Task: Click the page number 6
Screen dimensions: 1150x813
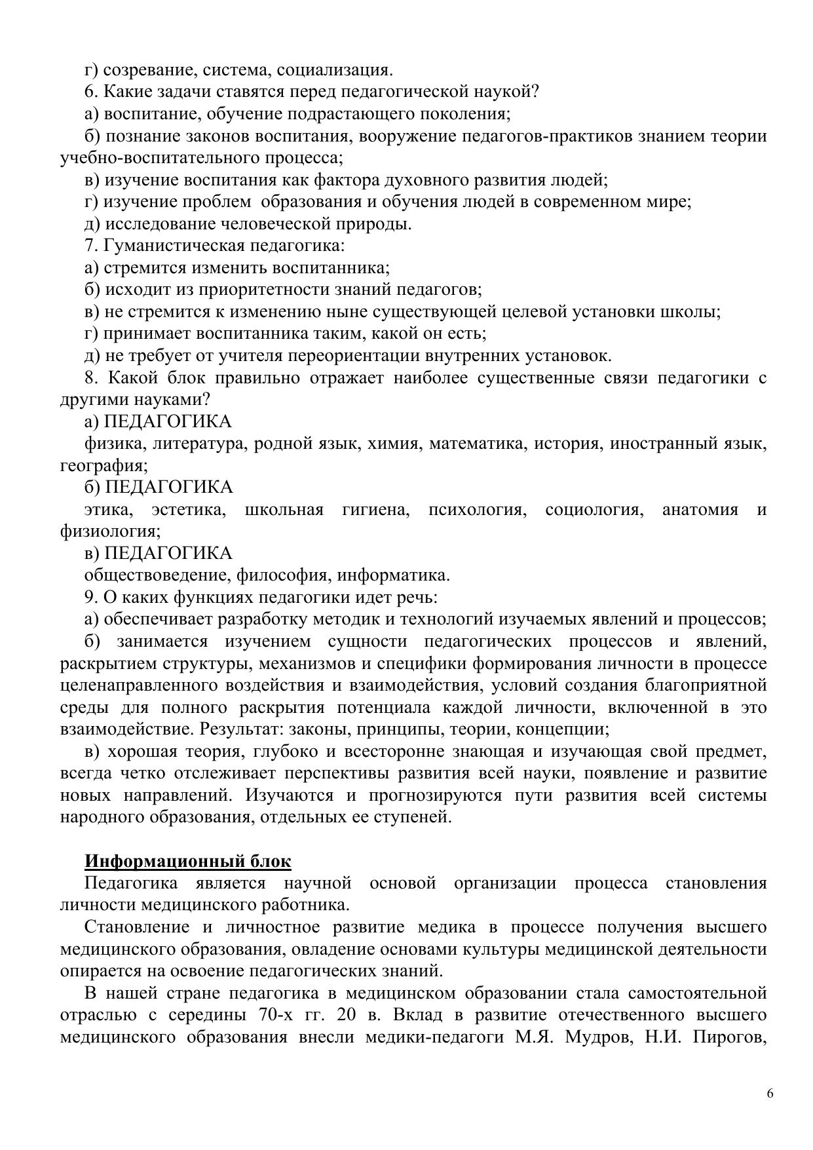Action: (x=770, y=1094)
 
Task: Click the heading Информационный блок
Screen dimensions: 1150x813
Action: (x=188, y=861)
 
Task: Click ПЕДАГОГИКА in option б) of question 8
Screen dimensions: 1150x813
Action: (x=169, y=488)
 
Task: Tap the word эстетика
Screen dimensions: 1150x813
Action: (x=189, y=510)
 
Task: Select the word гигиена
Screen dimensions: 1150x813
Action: (x=375, y=510)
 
